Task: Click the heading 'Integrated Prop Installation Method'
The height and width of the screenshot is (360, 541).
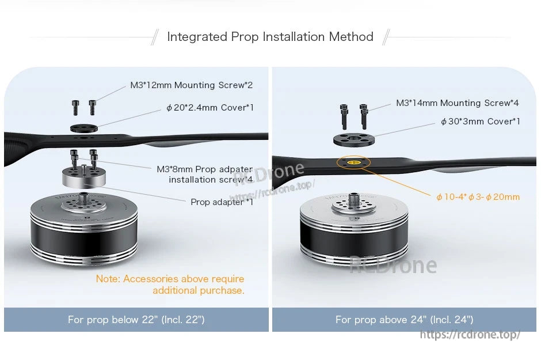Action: [x=270, y=37]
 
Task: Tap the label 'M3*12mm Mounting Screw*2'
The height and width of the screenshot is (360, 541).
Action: [x=191, y=85]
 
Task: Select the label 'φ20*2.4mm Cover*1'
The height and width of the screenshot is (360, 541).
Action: [x=209, y=108]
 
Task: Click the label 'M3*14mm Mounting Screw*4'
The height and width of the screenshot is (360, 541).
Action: [x=457, y=103]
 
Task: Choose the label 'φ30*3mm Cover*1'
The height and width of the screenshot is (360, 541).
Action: [x=480, y=122]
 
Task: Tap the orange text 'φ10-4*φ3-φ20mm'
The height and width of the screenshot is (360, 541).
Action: [x=478, y=197]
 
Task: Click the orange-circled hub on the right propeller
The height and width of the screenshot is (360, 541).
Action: [x=353, y=163]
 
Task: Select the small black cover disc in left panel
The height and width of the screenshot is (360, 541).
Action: [x=84, y=127]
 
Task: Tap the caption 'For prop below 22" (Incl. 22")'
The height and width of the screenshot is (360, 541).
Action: [x=136, y=320]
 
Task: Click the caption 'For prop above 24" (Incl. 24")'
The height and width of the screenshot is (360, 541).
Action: [x=404, y=320]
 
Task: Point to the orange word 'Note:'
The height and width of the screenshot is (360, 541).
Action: [x=108, y=279]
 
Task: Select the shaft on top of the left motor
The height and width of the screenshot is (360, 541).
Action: [x=85, y=198]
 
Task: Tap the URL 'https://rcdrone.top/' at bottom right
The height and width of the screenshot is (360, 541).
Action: [x=470, y=335]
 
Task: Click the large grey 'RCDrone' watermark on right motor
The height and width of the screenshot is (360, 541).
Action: [x=393, y=265]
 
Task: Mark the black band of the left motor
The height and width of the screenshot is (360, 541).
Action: [x=84, y=233]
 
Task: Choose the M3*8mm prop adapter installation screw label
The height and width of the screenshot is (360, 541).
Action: [x=204, y=175]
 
